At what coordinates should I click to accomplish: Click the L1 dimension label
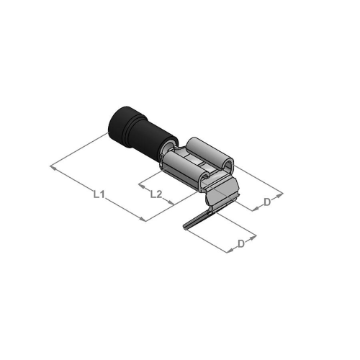99,194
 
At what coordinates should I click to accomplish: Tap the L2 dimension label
156,194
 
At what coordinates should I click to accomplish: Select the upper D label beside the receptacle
267,202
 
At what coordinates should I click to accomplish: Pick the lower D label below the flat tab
241,244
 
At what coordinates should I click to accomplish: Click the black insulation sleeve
142,135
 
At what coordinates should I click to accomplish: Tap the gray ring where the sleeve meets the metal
168,148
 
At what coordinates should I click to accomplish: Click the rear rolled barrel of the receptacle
210,153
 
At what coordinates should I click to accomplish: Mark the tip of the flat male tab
184,227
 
